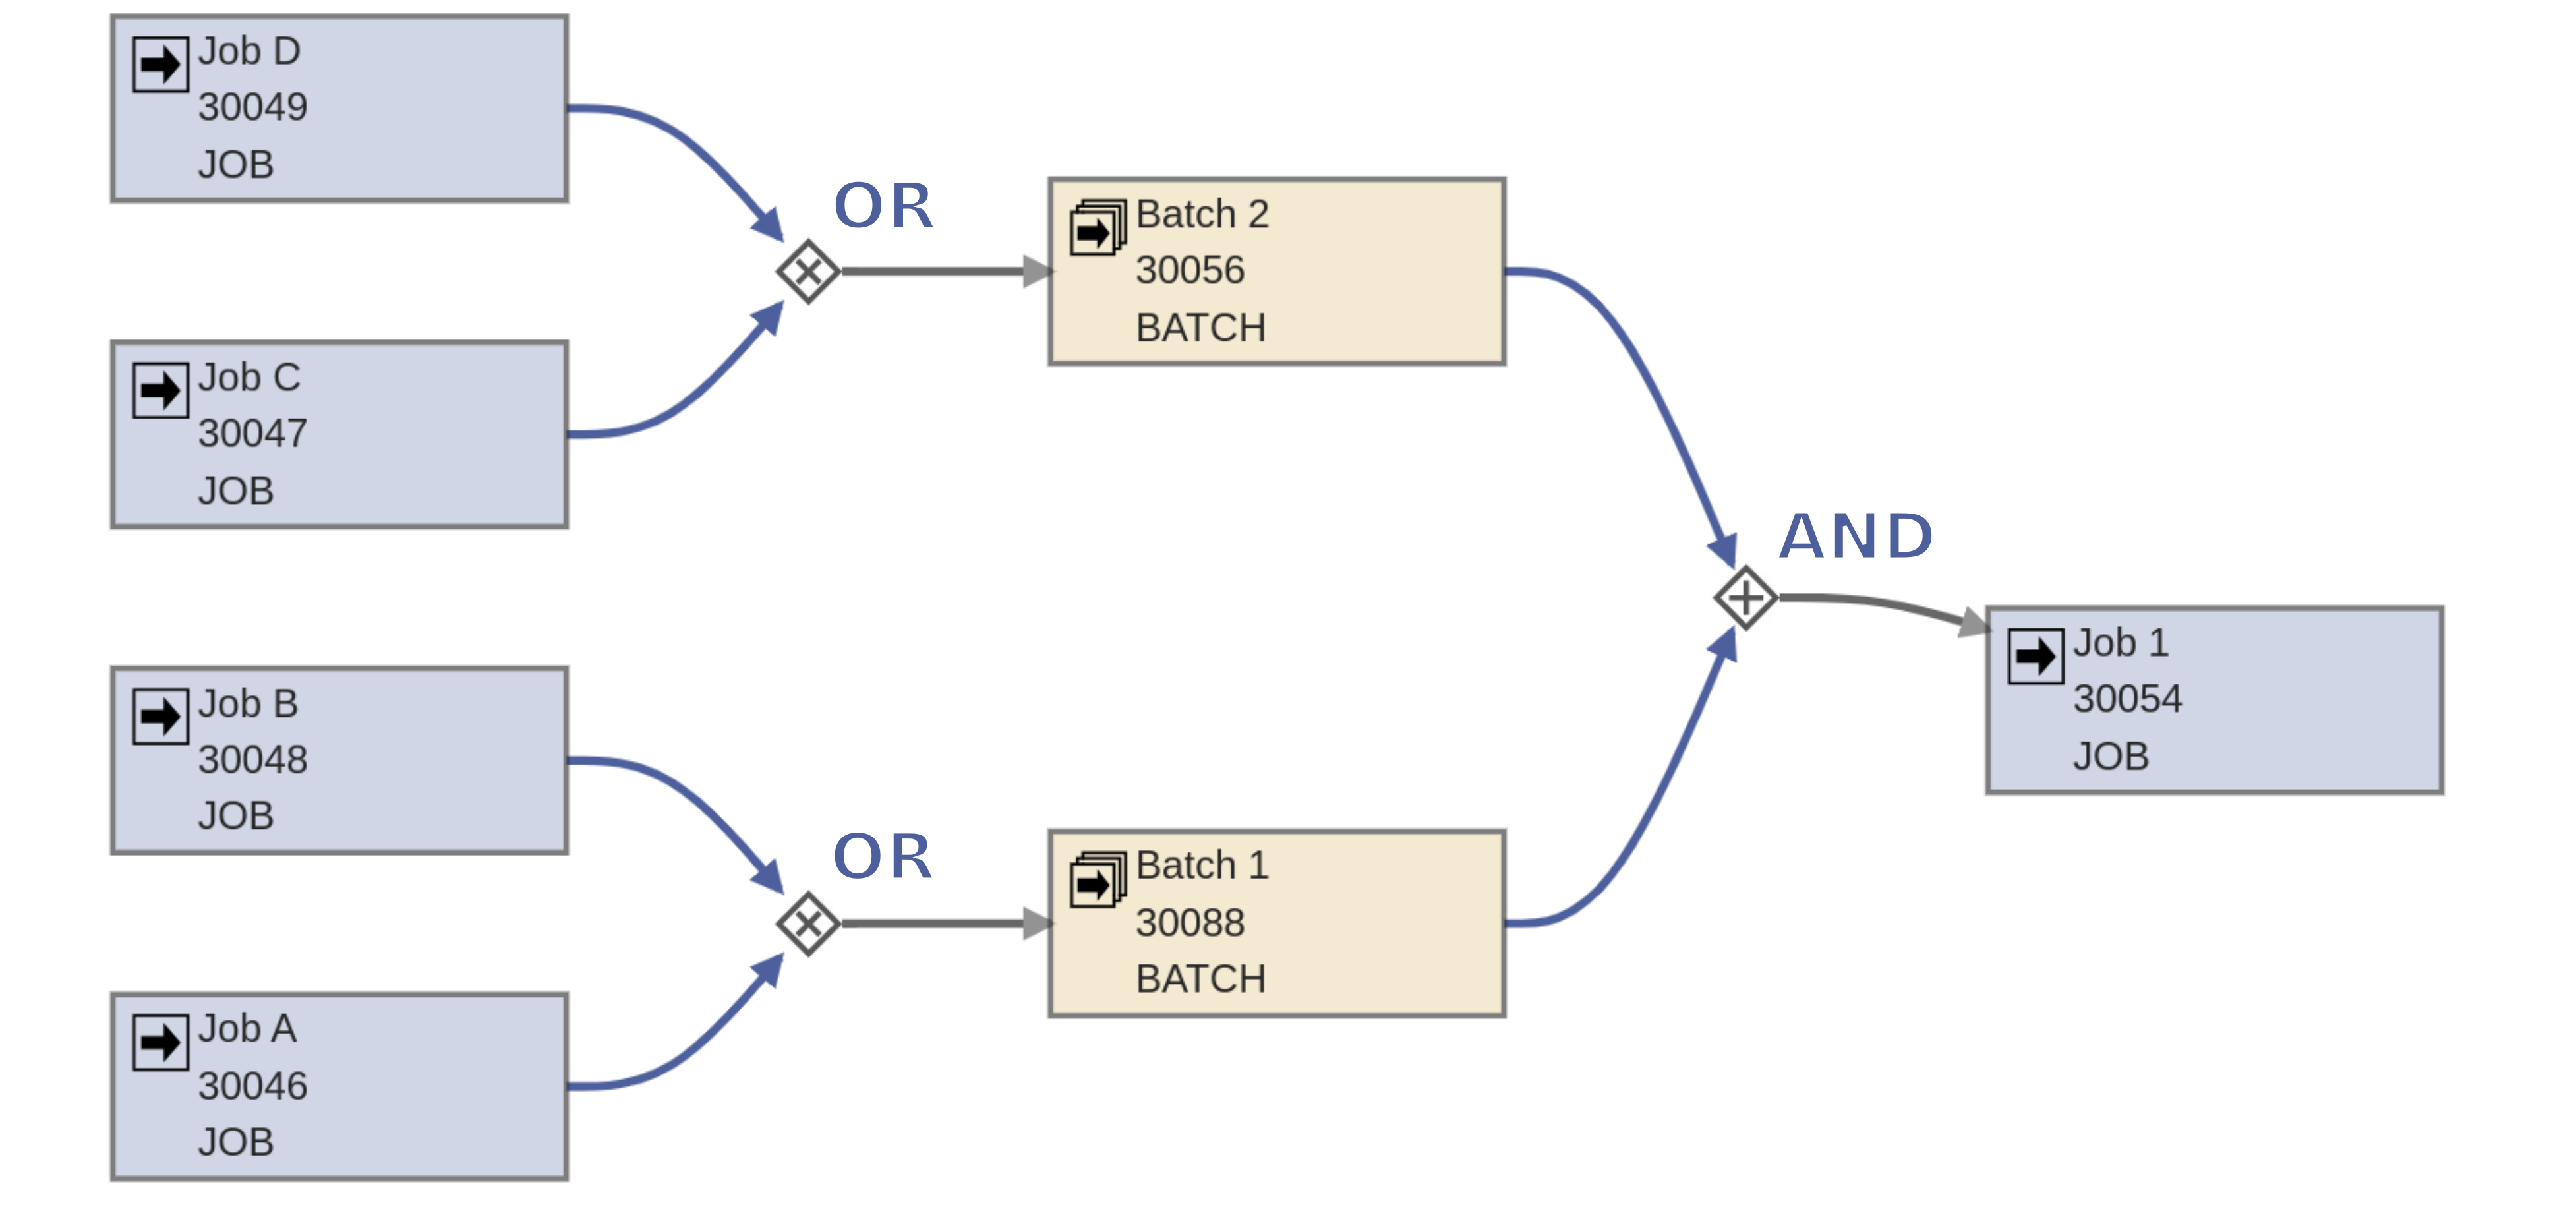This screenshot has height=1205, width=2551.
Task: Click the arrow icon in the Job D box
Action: (x=160, y=65)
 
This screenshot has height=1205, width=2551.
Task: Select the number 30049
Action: (x=252, y=107)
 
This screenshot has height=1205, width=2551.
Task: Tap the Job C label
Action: (x=249, y=377)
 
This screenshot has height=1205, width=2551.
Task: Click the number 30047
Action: (x=252, y=434)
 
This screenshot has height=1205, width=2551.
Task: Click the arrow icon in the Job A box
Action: (x=160, y=1043)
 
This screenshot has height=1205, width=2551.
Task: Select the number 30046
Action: (x=252, y=1086)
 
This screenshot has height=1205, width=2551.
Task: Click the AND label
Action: (x=1856, y=537)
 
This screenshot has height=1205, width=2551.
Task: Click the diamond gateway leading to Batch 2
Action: (x=808, y=272)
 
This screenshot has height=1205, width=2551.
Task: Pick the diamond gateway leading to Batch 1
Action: (x=808, y=924)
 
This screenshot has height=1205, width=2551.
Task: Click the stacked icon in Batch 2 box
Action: (x=1098, y=227)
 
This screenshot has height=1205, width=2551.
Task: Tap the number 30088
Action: (x=1189, y=923)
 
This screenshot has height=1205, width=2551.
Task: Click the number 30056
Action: (x=1189, y=270)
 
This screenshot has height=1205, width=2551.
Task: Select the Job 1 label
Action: (x=2120, y=643)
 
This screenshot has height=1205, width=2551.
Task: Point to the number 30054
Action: (x=2127, y=699)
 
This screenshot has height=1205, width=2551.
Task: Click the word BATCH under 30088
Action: (x=1200, y=980)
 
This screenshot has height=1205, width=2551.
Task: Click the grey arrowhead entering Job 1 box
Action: (x=1973, y=623)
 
